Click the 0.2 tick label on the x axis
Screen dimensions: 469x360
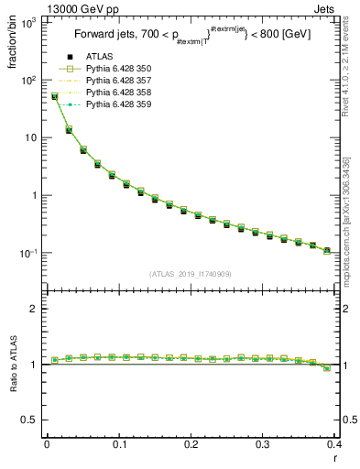click(x=191, y=444)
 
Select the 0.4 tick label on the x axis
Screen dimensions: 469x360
click(x=334, y=444)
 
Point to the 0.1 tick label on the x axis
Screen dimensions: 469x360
click(x=119, y=444)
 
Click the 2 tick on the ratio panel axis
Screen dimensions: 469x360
click(x=34, y=309)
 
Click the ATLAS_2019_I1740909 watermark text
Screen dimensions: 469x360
click(x=190, y=273)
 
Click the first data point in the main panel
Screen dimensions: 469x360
click(x=54, y=95)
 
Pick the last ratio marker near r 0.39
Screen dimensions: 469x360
click(x=327, y=367)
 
